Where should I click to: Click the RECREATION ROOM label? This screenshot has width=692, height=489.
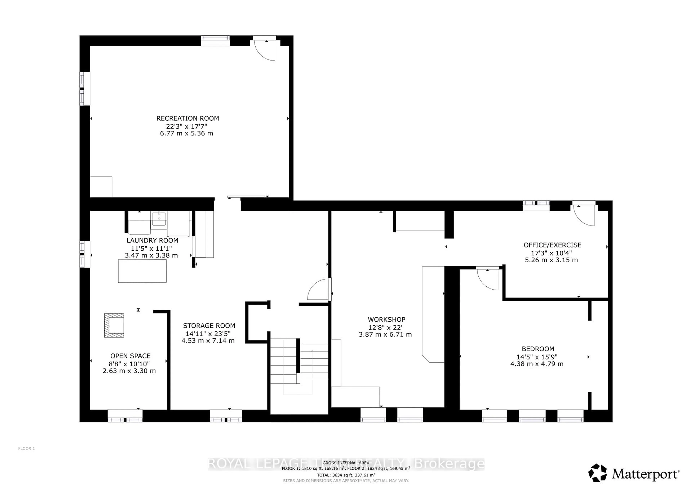coord(187,118)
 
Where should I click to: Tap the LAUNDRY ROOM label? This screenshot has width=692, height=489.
coord(152,240)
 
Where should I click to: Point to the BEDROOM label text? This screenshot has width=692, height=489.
coord(538,349)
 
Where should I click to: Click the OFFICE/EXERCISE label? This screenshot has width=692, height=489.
coord(552,245)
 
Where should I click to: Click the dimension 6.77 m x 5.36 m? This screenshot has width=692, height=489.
coord(187,133)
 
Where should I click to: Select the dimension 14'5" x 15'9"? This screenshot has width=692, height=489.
coord(537,357)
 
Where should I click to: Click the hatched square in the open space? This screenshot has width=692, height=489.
coord(114,325)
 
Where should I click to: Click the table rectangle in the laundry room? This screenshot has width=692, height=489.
coord(142,271)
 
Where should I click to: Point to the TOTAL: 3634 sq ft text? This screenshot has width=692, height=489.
coord(346,475)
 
